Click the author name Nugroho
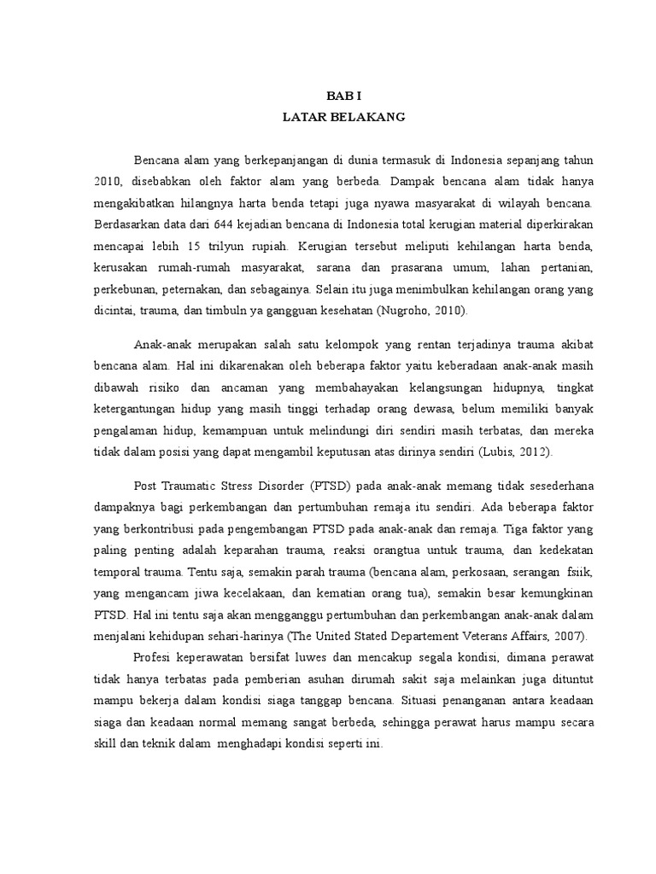point(416,312)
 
